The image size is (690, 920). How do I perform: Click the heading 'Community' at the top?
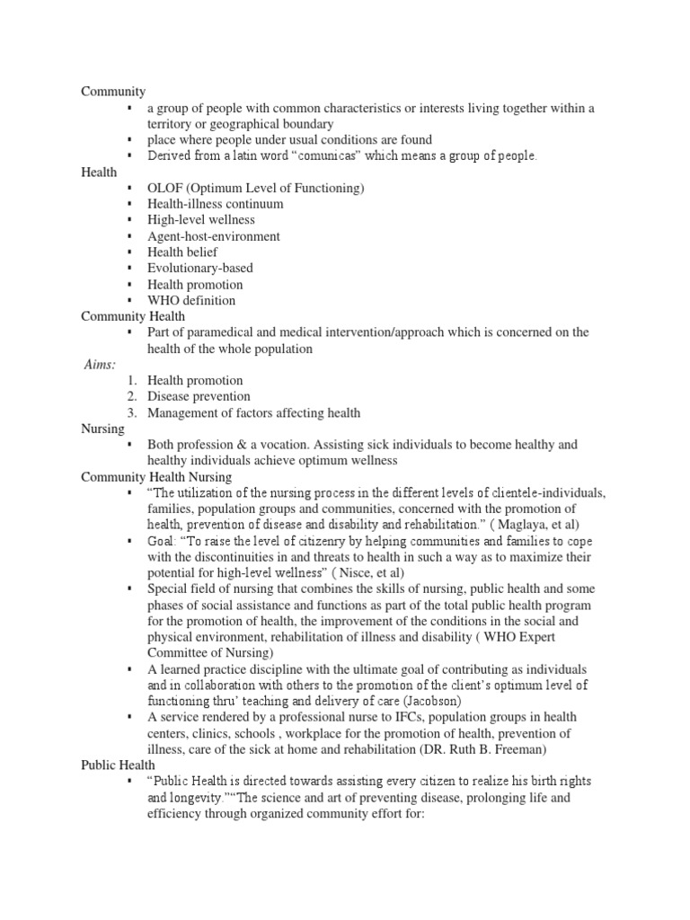pyautogui.click(x=113, y=92)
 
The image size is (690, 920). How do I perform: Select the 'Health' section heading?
pyautogui.click(x=99, y=172)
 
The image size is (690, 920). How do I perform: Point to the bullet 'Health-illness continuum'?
pyautogui.click(x=215, y=204)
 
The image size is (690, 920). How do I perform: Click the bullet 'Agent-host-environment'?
pyautogui.click(x=213, y=236)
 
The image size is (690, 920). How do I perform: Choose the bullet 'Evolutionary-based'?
pyautogui.click(x=199, y=268)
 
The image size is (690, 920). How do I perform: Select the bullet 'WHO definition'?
pyautogui.click(x=191, y=300)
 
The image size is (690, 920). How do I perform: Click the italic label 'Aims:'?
pyautogui.click(x=99, y=365)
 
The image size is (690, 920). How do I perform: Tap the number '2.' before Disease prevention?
pyautogui.click(x=132, y=396)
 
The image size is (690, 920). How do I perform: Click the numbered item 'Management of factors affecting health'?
pyautogui.click(x=253, y=412)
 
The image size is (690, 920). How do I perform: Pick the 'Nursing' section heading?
pyautogui.click(x=103, y=429)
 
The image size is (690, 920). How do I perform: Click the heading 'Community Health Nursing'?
pyautogui.click(x=156, y=477)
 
